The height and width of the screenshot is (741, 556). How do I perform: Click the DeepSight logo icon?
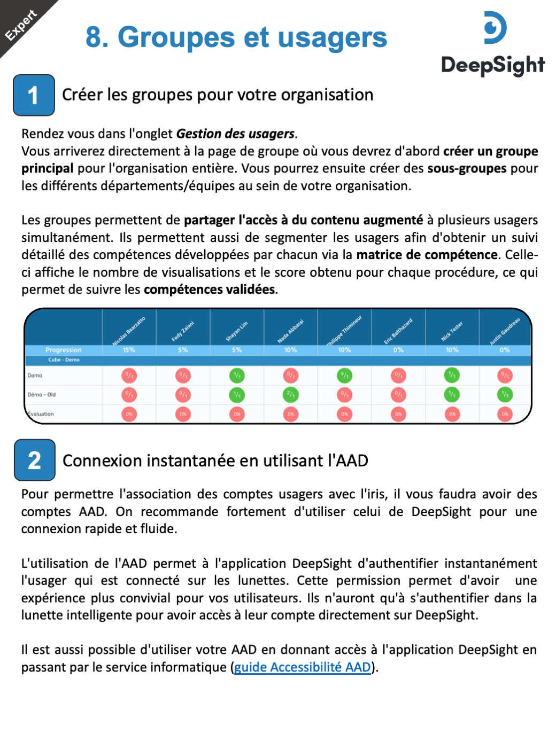(495, 28)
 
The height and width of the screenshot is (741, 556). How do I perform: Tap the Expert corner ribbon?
(21, 25)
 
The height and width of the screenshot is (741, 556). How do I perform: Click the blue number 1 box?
(34, 95)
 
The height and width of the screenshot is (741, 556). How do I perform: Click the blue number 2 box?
(35, 460)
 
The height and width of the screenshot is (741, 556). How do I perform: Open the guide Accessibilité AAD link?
(303, 667)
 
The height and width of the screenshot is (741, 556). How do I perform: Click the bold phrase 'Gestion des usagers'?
(235, 134)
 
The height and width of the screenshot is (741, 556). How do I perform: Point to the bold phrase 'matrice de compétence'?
(427, 255)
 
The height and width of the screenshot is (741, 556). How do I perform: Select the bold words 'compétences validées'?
(210, 290)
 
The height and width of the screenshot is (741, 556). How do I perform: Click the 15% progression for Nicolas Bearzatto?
(129, 350)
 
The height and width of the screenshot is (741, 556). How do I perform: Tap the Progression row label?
(64, 350)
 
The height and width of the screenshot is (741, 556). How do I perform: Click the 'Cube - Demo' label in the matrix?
(64, 360)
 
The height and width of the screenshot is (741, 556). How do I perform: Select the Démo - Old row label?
(42, 395)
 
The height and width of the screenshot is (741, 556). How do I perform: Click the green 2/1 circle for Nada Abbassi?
(290, 395)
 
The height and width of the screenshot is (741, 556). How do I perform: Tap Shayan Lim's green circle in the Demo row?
(237, 376)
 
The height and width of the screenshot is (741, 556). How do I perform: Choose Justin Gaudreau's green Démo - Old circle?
(505, 395)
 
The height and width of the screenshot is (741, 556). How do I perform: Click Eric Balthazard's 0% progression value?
(398, 350)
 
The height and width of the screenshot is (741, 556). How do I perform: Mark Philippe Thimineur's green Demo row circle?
(344, 376)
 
